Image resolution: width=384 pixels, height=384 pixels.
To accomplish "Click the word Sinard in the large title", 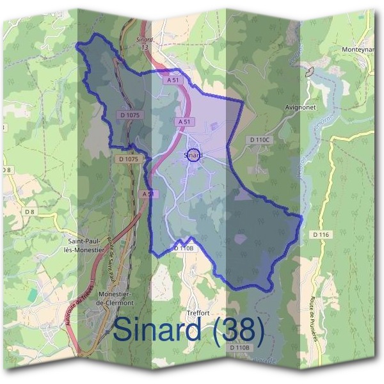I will pyautogui.click(x=161, y=330).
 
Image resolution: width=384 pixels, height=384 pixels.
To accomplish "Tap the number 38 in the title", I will pyautogui.click(x=239, y=330).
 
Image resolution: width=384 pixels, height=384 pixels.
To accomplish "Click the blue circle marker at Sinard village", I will pyautogui.click(x=193, y=155).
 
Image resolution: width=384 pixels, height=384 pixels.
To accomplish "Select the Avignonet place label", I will pyautogui.click(x=300, y=108).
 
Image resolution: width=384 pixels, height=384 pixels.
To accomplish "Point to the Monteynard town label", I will pyautogui.click(x=362, y=49).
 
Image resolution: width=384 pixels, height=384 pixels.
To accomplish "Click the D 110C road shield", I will pyautogui.click(x=260, y=140).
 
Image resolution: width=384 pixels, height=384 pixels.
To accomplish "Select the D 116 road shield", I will pyautogui.click(x=321, y=236).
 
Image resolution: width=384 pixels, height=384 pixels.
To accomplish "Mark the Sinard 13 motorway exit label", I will pyautogui.click(x=144, y=43).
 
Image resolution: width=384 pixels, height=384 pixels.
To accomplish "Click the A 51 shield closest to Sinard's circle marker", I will pyautogui.click(x=184, y=121).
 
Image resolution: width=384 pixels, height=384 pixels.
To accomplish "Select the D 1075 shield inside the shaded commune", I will pyautogui.click(x=129, y=115).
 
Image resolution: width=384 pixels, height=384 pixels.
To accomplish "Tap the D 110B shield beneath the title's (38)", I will pyautogui.click(x=240, y=348).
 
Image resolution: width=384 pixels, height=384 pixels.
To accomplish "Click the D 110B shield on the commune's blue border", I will pyautogui.click(x=184, y=248).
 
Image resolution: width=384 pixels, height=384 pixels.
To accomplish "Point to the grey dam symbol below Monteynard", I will pyautogui.click(x=310, y=72).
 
